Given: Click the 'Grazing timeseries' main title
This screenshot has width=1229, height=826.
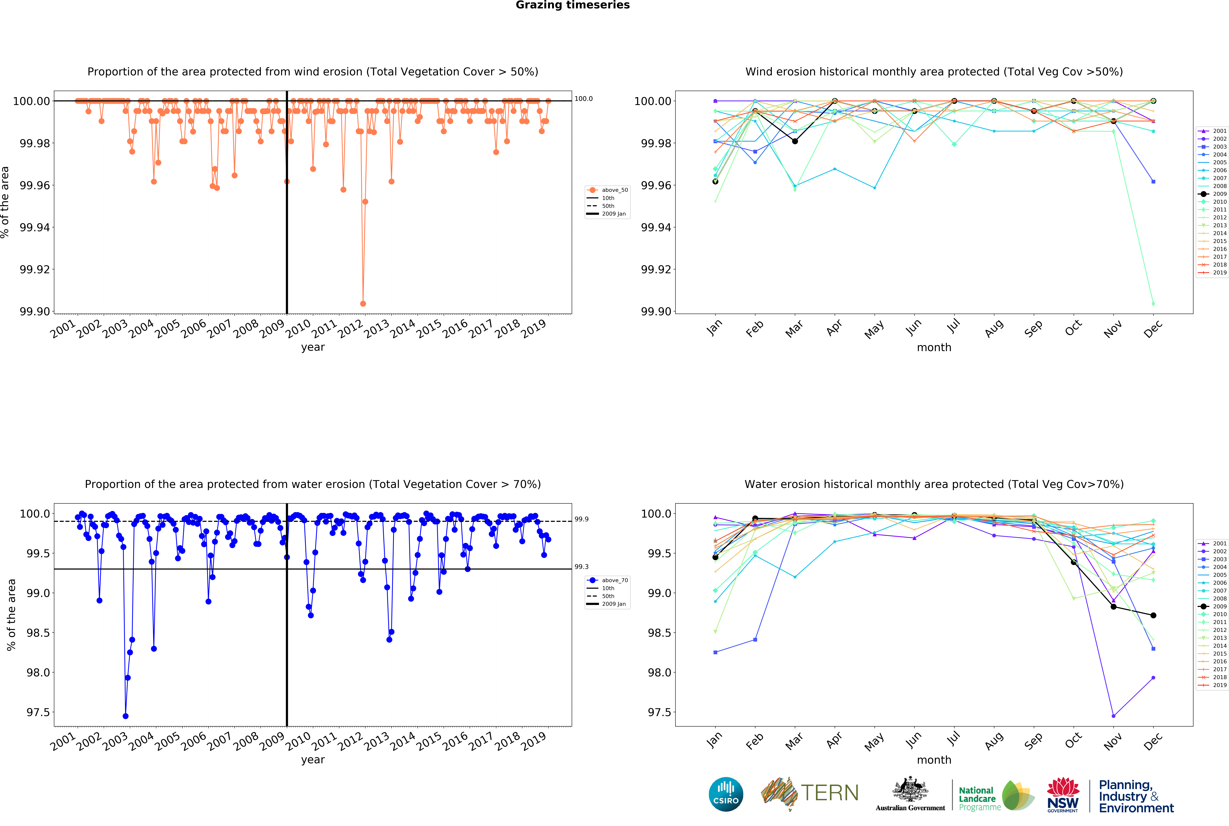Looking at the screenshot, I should click(572, 5).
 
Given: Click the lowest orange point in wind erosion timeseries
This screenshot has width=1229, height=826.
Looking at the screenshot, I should click(363, 303).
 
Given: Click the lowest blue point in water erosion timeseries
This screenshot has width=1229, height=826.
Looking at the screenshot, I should click(125, 716).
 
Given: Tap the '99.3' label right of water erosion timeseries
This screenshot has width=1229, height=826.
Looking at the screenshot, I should click(581, 567).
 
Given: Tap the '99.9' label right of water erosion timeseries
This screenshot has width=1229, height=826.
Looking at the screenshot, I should click(581, 519).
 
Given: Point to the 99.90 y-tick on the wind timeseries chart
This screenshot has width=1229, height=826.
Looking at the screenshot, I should click(35, 311).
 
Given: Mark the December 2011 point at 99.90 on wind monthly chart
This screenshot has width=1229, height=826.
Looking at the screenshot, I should click(1153, 303).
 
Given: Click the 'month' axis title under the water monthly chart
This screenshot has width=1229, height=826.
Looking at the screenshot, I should click(934, 760).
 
